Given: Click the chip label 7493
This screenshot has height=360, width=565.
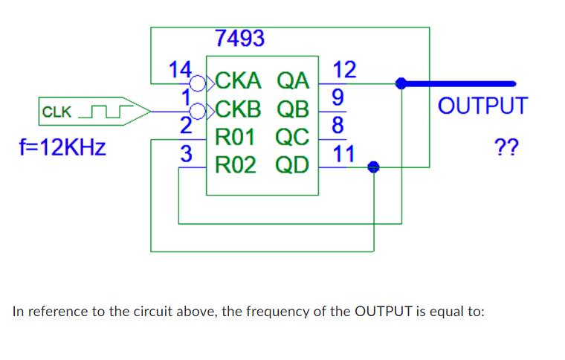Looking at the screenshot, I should (239, 38).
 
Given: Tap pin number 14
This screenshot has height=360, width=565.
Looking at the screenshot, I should (179, 70).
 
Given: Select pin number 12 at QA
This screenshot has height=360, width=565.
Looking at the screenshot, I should (345, 70).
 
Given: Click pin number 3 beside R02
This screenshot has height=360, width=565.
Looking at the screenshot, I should (188, 155).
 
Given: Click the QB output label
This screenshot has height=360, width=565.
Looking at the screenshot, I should (292, 109).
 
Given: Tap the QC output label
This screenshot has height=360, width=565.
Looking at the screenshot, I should (292, 138).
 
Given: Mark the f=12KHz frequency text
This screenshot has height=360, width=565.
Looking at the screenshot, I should (55, 146).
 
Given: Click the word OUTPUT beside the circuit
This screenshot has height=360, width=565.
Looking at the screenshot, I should (483, 106).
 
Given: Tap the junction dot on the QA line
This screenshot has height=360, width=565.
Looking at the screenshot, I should (401, 83).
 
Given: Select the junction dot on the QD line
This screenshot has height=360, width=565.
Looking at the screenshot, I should (375, 168).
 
